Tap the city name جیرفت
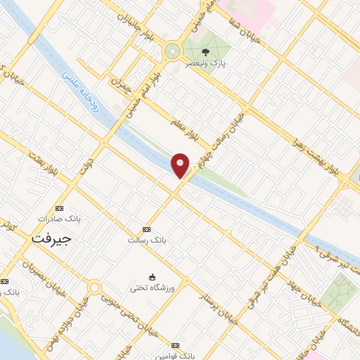(x=52, y=238)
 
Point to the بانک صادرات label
(x=59, y=219)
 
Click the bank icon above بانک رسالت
(x=146, y=229)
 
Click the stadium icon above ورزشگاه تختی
(x=151, y=277)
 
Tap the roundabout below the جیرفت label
(x=94, y=286)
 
